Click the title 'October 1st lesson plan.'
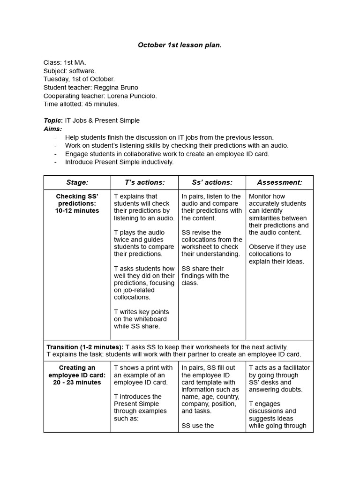click(x=180, y=45)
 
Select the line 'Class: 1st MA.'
click(x=64, y=62)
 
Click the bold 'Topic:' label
click(x=53, y=120)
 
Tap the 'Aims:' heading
click(x=52, y=129)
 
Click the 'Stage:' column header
click(x=77, y=182)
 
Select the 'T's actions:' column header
click(x=144, y=182)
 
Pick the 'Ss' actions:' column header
click(x=212, y=182)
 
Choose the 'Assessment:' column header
click(x=279, y=182)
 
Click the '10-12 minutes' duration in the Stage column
click(x=77, y=211)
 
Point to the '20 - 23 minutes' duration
click(x=77, y=382)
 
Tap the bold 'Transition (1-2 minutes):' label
click(x=85, y=347)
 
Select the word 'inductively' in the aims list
click(x=156, y=162)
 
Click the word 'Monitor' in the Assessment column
click(x=261, y=196)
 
